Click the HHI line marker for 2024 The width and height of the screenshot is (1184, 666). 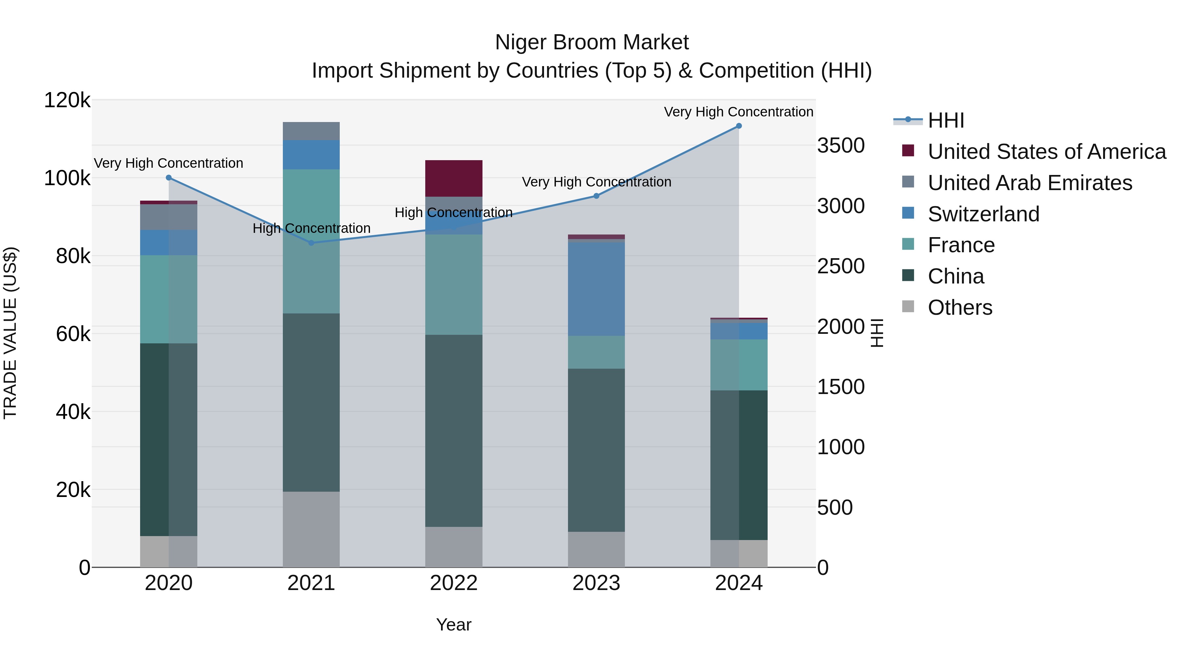coord(739,126)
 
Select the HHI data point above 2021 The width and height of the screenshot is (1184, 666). coord(311,243)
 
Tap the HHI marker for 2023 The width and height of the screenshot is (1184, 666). coord(596,196)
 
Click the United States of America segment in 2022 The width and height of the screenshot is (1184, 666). coord(454,178)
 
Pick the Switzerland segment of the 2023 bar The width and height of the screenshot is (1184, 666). coord(596,289)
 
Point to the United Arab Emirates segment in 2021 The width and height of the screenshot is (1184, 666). coord(311,131)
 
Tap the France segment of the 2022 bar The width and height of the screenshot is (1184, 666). coord(454,284)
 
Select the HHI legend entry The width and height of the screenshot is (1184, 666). coord(946,120)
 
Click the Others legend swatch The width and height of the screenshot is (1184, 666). coord(908,307)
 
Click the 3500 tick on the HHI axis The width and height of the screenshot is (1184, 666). coord(841,146)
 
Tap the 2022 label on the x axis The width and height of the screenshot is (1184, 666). coord(454,583)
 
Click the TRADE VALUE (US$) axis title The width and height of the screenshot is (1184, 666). coord(11,333)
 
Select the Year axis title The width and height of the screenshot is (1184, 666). coord(454,625)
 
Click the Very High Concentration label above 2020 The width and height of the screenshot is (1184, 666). coord(169,163)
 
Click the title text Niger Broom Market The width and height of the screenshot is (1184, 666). coord(592,42)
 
